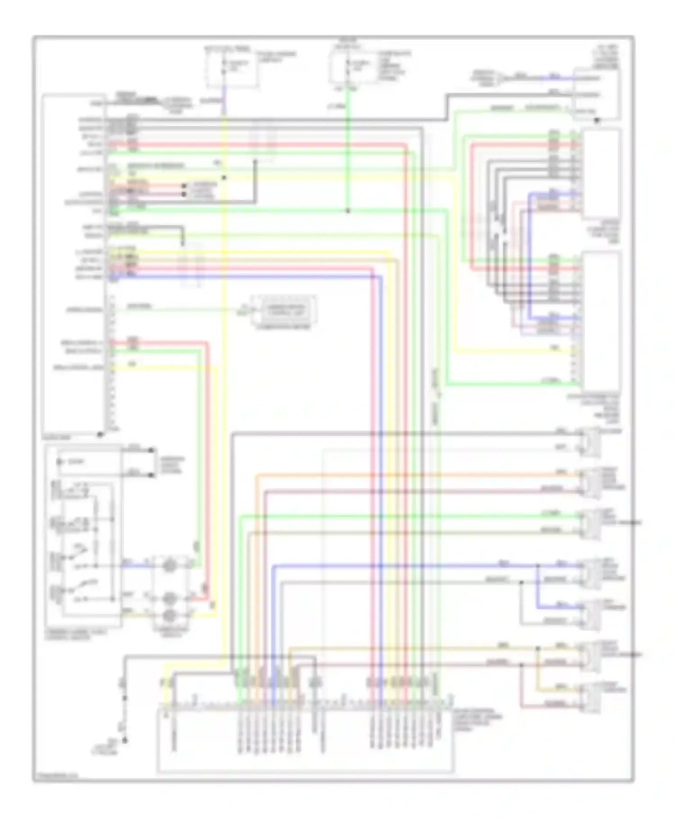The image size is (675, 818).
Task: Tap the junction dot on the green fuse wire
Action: pyautogui.click(x=347, y=211)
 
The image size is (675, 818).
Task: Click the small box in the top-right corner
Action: pyautogui.click(x=595, y=94)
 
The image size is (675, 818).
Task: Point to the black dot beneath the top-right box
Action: pyautogui.click(x=597, y=121)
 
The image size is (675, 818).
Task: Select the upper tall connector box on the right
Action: pyautogui.click(x=602, y=173)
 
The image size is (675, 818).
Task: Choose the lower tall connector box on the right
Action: pyautogui.click(x=602, y=320)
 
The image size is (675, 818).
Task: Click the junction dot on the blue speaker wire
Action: pyautogui.click(x=537, y=565)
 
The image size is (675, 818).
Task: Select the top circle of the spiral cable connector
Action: pyautogui.click(x=169, y=565)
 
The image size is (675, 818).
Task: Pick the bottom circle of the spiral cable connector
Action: pyautogui.click(x=169, y=615)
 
